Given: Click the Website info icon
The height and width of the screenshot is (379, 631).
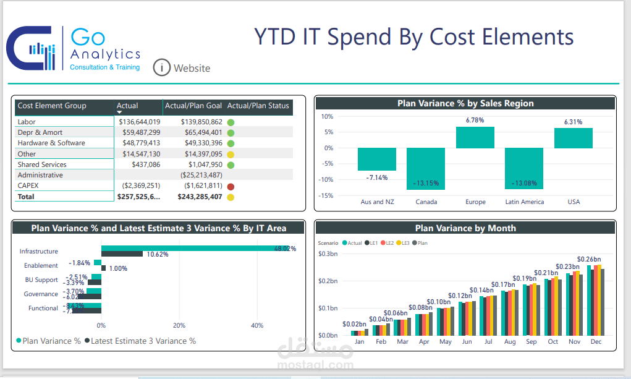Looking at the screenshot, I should (161, 67).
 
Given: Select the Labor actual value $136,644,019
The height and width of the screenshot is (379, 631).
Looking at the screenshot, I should (140, 122).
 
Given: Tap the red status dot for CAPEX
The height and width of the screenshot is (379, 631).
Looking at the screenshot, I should (231, 186).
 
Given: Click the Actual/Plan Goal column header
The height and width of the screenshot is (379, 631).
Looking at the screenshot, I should (193, 106).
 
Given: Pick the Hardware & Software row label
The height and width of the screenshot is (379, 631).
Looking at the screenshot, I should (51, 143).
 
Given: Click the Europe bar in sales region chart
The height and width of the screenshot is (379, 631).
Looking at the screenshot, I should (475, 137).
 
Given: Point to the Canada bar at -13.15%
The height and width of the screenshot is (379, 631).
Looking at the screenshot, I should (426, 168).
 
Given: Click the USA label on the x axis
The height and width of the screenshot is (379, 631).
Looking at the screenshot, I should (573, 202).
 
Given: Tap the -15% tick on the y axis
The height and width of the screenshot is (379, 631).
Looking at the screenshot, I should (326, 195).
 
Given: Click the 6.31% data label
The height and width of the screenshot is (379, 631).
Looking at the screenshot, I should (573, 122).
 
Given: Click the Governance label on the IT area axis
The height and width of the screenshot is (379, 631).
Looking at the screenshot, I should (41, 294).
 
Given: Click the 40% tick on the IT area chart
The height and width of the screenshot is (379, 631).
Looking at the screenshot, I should (257, 325).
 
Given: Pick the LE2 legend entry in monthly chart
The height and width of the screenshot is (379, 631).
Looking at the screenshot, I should (388, 243).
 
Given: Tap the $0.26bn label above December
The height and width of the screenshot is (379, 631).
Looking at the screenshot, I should (589, 259).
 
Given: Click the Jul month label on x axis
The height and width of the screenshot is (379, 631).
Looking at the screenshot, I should (488, 341).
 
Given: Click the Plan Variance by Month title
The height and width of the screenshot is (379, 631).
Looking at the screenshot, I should (465, 228).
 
